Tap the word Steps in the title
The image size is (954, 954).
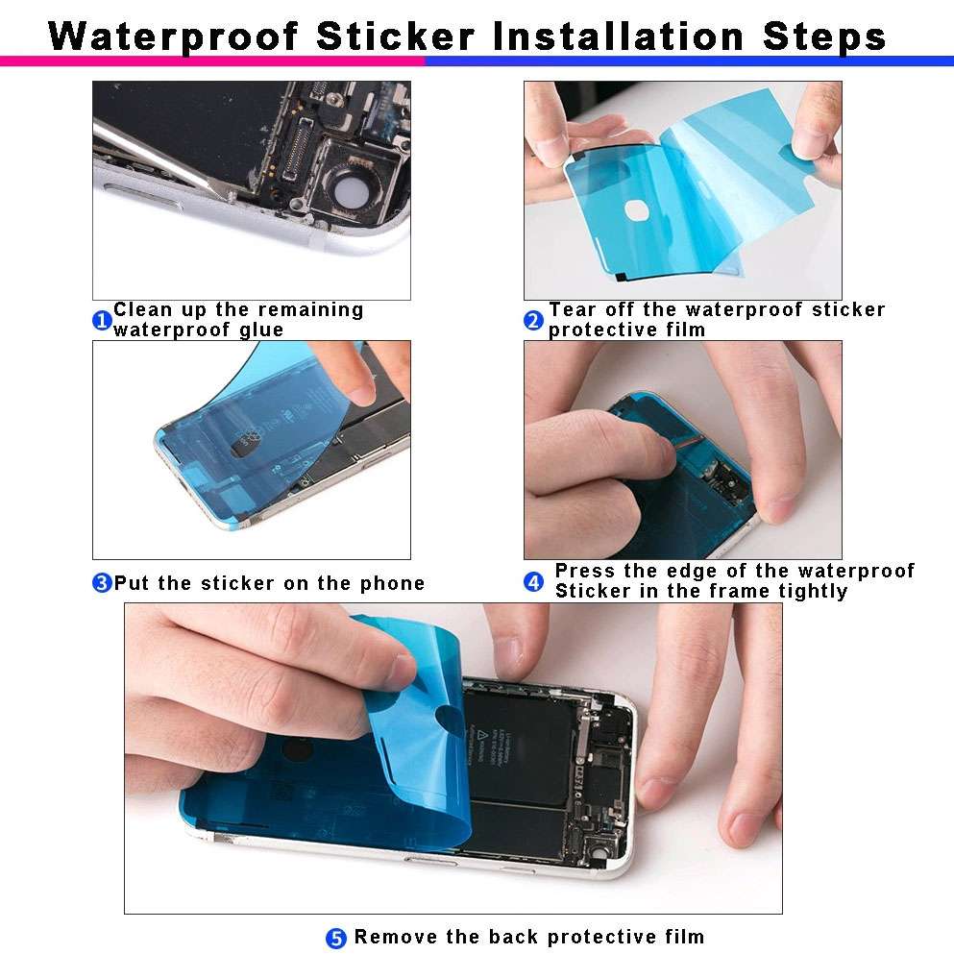[x=824, y=37]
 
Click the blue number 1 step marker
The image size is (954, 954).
[x=102, y=321]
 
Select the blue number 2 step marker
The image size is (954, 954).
[x=534, y=321]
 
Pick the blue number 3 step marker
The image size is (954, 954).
[x=102, y=583]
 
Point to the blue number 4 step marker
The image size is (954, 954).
[x=534, y=582]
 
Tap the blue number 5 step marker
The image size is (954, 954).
[x=336, y=939]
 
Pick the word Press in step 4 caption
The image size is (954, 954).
[x=584, y=571]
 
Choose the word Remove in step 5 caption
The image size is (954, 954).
[x=397, y=937]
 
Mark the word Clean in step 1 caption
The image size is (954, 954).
[x=141, y=309]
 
